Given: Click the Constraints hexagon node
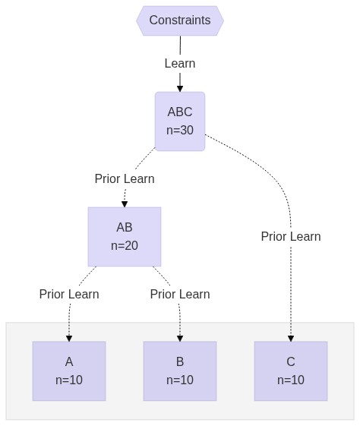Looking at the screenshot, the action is pos(180,21).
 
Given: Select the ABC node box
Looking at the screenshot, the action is pos(180,121).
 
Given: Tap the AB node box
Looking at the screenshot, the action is pos(125,237).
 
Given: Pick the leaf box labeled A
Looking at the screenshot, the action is pos(69,371).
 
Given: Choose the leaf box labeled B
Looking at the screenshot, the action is pos(180,371).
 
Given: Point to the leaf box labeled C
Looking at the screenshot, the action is pos(291,371).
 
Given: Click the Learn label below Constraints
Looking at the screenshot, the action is pos(180,64).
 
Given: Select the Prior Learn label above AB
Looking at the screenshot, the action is pos(125,178).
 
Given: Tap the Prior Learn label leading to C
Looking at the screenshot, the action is pos(291,236).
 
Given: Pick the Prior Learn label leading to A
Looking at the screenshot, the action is pos(69,294).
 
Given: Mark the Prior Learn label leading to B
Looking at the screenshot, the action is pos(180,294).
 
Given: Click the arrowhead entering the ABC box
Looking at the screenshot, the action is pos(180,89).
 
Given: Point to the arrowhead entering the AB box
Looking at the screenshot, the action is pos(125,204).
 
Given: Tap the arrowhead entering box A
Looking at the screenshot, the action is pos(69,338).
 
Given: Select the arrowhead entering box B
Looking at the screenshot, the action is pos(180,338).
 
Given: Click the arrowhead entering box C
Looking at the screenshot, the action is pos(291,338).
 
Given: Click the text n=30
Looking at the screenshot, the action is pos(180,130).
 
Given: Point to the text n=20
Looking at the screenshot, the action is pos(125,245).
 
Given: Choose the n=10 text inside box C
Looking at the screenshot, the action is pos(291,380).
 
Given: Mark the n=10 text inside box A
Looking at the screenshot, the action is pos(69,380).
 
